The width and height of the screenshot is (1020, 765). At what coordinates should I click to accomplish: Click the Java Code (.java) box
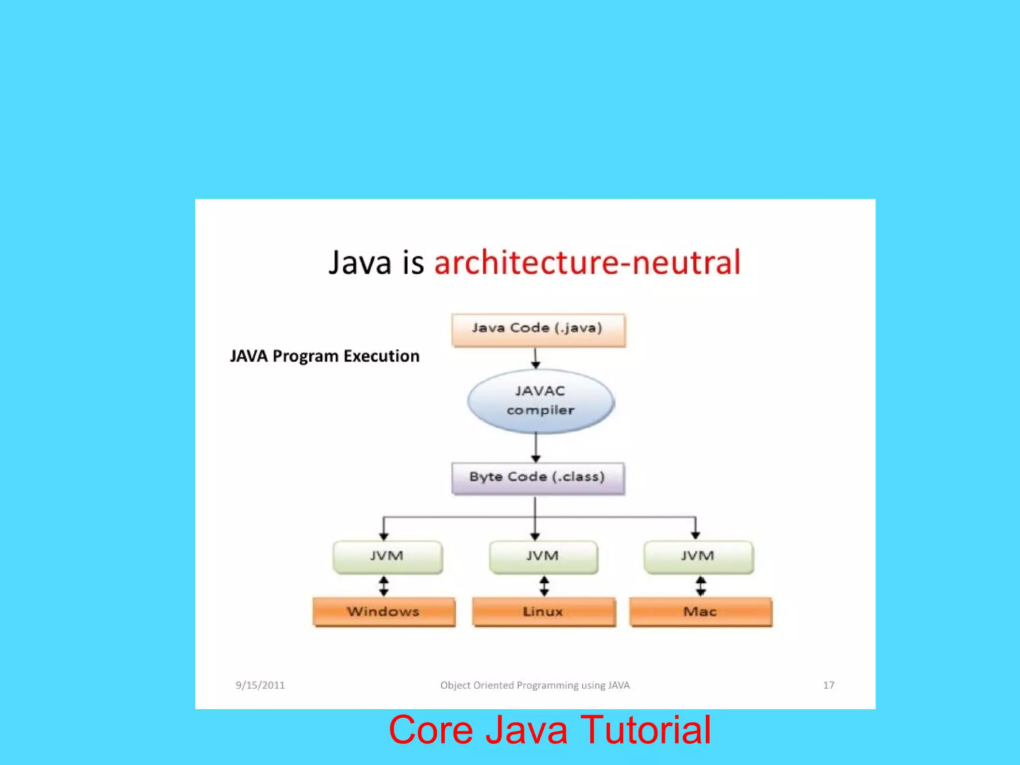click(538, 329)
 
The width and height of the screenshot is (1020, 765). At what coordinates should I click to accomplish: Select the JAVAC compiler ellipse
click(540, 401)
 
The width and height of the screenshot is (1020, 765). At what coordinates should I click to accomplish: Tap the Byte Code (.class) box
click(537, 478)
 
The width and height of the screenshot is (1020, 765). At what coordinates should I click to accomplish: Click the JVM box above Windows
click(387, 557)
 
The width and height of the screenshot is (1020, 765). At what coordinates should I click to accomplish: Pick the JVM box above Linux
click(543, 557)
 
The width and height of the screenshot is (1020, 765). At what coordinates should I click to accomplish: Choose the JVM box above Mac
click(698, 557)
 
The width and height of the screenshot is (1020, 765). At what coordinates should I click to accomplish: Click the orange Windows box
click(383, 612)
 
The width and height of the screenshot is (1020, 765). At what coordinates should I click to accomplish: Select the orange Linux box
click(543, 612)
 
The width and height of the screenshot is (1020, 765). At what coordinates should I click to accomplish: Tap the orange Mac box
click(700, 612)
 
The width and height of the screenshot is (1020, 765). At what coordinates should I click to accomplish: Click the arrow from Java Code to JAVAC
click(535, 358)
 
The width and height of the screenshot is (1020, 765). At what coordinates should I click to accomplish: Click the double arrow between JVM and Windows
click(383, 586)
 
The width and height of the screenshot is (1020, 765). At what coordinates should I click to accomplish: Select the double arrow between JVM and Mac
click(701, 586)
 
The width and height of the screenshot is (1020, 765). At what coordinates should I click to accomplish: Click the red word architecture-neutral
click(587, 262)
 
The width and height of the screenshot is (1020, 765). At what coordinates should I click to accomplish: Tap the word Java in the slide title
click(360, 262)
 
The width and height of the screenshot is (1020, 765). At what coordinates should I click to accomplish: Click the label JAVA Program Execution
click(325, 356)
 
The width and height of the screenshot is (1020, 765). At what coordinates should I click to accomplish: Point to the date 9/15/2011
click(260, 685)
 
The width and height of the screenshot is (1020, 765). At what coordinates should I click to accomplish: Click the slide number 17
click(828, 685)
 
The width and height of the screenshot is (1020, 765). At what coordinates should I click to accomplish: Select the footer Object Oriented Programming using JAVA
click(535, 685)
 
